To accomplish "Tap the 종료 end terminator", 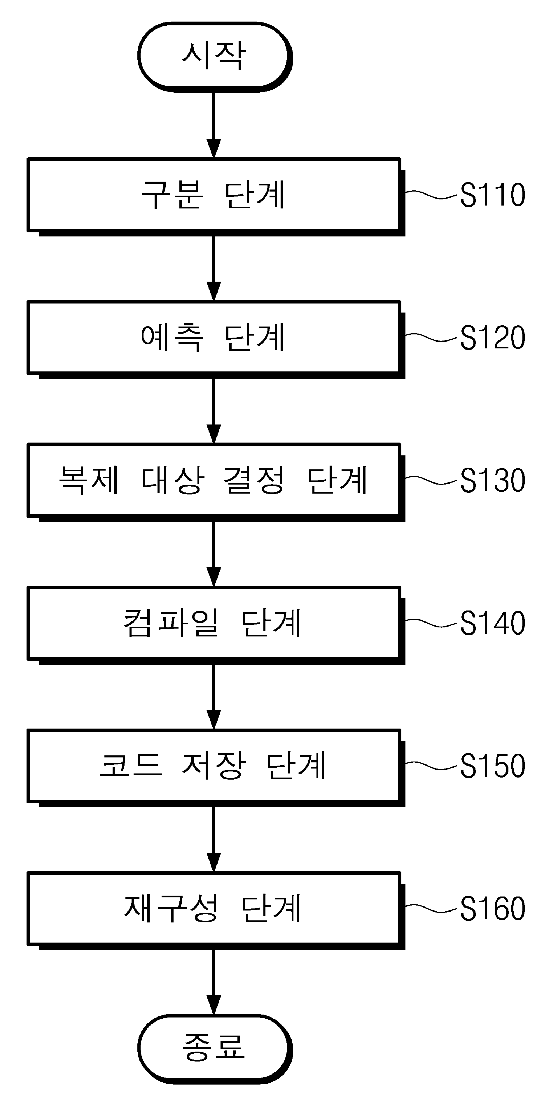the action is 215,1049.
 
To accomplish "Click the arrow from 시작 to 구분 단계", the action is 214,124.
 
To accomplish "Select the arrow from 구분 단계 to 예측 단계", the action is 214,269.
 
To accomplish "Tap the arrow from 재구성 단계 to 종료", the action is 214,982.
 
